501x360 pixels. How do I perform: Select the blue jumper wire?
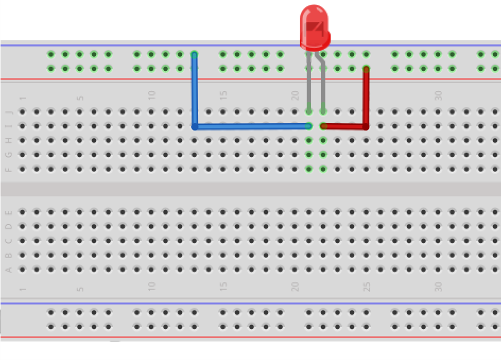(x=249, y=126)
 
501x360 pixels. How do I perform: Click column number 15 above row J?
(x=223, y=96)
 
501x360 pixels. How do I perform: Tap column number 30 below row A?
(x=438, y=287)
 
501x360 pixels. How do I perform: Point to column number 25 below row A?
(x=367, y=287)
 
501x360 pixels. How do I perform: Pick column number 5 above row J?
(x=80, y=98)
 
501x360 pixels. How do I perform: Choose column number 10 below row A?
(x=152, y=287)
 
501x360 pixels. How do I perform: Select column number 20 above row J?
(x=295, y=96)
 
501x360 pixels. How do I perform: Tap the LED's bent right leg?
(x=323, y=85)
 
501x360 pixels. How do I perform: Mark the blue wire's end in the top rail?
(x=194, y=55)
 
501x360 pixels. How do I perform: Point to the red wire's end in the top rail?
(x=366, y=69)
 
